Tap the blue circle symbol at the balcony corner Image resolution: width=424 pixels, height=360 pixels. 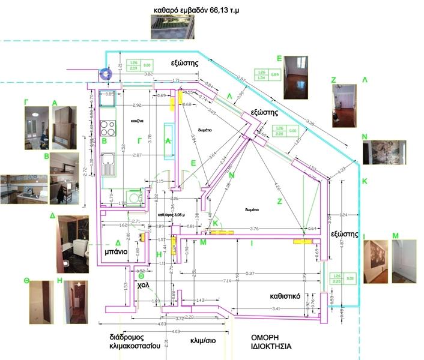[106, 74]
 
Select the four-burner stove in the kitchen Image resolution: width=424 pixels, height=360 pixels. [108, 128]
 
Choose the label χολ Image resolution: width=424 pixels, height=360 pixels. [143, 286]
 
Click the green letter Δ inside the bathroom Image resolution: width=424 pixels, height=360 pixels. [118, 242]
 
